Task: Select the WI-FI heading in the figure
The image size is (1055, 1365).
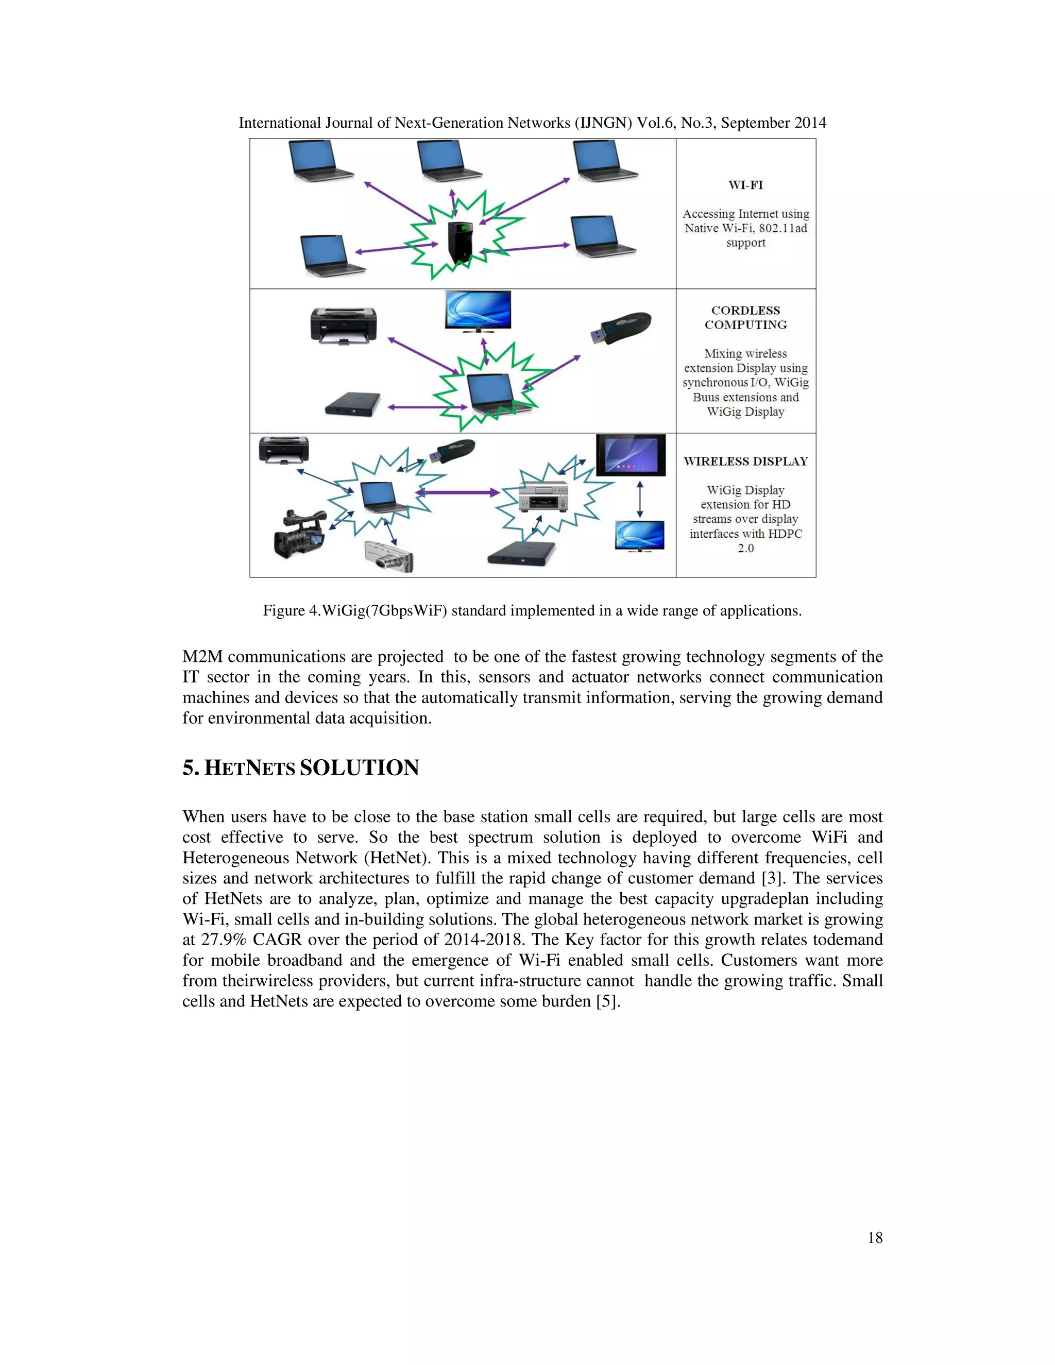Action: point(745,185)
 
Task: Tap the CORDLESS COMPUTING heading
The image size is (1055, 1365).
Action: point(745,317)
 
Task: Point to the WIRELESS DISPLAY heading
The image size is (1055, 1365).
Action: point(745,461)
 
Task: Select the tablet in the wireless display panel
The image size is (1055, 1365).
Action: point(630,455)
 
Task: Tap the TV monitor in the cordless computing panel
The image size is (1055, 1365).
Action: point(478,311)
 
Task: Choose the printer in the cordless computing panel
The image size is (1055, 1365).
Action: point(343,325)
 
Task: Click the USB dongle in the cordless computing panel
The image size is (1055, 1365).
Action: point(622,327)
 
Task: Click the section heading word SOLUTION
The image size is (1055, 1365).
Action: point(360,767)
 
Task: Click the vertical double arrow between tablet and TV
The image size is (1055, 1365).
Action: point(639,499)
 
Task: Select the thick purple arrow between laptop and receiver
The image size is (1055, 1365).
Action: point(457,492)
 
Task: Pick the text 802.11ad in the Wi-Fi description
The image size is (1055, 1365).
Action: point(782,228)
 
